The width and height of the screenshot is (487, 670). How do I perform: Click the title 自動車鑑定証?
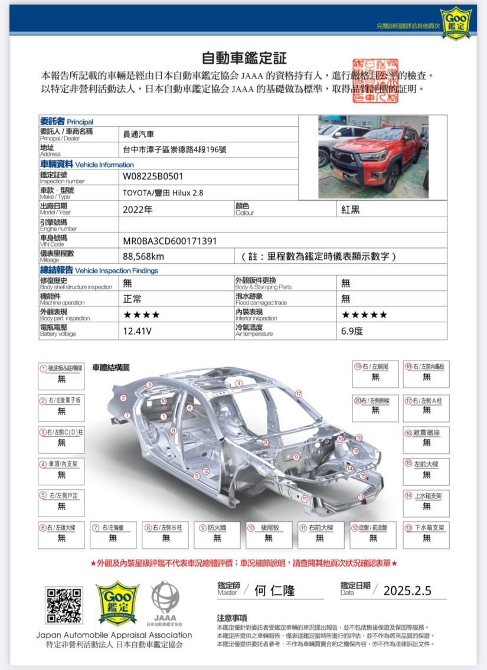244,58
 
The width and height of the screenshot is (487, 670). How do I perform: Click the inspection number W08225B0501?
153,176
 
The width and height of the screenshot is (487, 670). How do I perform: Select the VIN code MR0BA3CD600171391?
169,241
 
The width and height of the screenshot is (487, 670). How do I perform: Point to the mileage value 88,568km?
143,256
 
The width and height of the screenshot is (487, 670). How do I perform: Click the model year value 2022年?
138,209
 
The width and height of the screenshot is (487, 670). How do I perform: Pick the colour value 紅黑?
350,209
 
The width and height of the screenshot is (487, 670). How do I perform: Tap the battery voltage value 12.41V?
137,331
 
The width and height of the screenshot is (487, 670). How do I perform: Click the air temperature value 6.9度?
352,331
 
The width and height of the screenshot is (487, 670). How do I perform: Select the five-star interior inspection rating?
365,315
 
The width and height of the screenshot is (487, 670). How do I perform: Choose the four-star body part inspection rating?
141,315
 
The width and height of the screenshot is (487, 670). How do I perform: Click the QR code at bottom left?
64,605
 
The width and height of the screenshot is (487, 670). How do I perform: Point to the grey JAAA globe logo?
164,601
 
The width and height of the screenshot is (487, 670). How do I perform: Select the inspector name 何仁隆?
274,590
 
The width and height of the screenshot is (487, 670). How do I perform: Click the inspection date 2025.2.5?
407,590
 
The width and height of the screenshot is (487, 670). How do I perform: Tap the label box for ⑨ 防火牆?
217,532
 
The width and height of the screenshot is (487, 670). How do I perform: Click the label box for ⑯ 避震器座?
426,437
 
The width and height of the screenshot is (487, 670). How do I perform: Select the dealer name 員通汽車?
138,134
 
